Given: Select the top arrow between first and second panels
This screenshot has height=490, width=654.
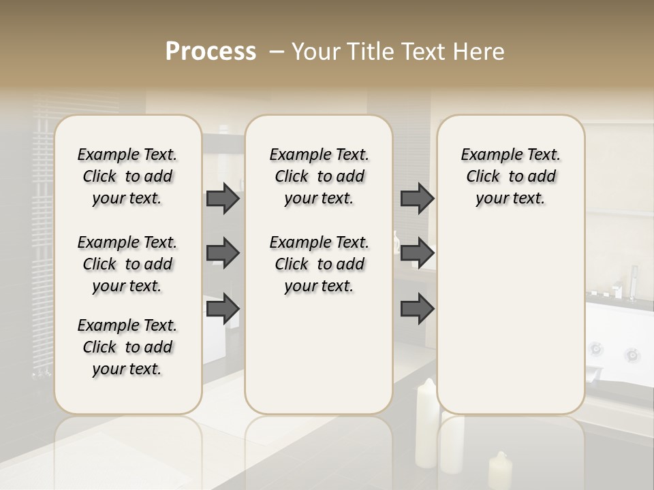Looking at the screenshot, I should click(x=222, y=198).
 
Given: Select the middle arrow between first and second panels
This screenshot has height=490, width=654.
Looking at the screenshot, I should click(x=222, y=254).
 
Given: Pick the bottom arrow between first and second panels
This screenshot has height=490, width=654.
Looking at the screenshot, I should click(x=222, y=309).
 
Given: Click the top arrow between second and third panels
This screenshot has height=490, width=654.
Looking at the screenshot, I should click(x=417, y=198).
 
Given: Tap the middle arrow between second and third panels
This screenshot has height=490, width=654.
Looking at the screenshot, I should click(x=417, y=254).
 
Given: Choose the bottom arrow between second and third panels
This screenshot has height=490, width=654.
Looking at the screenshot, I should click(x=417, y=309).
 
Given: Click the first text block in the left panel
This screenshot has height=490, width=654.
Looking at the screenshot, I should click(x=127, y=176).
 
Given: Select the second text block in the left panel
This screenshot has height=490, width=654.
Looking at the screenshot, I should click(x=127, y=264).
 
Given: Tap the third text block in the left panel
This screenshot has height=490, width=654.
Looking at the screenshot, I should click(x=127, y=347).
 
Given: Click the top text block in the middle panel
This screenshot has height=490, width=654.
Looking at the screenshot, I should click(x=319, y=176).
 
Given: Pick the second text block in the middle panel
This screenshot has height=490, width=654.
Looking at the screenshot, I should click(x=319, y=264).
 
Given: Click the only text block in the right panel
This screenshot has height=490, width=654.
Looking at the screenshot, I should click(x=510, y=176).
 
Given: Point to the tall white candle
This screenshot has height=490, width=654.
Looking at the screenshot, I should click(x=426, y=422).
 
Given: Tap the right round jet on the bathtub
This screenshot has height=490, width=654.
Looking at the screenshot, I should click(x=632, y=355).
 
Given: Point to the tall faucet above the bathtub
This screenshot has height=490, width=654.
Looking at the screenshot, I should click(x=633, y=282).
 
